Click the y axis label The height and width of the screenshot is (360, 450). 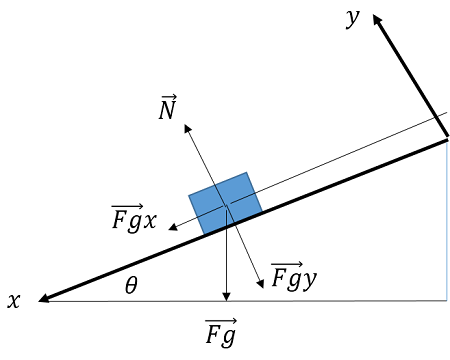[x=352, y=18]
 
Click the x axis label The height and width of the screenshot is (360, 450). [x=13, y=300]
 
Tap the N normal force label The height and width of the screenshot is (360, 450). [x=168, y=108]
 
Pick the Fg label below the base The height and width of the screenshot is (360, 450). [x=221, y=331]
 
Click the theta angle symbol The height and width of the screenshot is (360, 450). [x=131, y=286]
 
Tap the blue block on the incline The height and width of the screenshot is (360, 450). [x=226, y=203]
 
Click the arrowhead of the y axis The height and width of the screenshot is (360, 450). [x=378, y=19]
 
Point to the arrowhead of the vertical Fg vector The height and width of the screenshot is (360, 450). [x=227, y=296]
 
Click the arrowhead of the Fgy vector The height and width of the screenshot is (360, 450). [x=265, y=285]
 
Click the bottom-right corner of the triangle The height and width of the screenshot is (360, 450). [x=447, y=300]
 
